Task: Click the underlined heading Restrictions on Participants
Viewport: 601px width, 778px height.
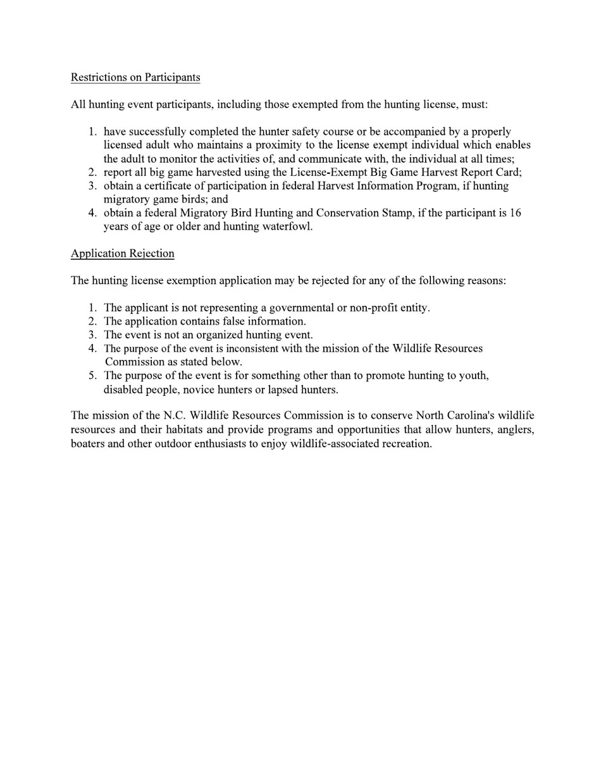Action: [135, 77]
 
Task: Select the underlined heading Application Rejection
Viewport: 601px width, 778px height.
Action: [122, 254]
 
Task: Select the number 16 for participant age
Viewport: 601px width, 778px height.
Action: [515, 213]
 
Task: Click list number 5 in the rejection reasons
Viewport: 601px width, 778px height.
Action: [92, 376]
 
